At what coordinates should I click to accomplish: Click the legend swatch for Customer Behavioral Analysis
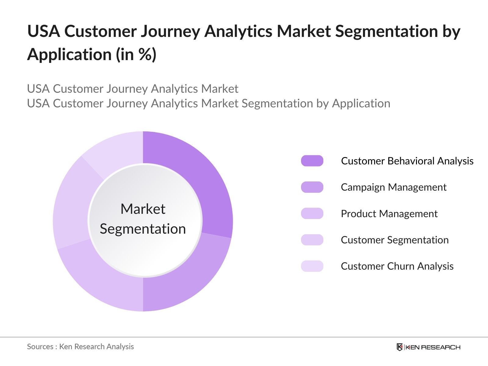tap(312, 161)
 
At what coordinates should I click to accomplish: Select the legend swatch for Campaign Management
tap(312, 187)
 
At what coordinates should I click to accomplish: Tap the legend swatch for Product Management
tap(312, 213)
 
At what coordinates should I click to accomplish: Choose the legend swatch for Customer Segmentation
tap(312, 240)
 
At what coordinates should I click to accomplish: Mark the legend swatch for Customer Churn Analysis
tap(312, 266)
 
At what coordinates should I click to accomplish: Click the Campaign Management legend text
tap(393, 187)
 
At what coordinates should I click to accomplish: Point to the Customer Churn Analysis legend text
tap(397, 266)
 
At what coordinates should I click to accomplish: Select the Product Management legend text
tap(389, 213)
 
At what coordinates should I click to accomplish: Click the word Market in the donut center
tap(143, 209)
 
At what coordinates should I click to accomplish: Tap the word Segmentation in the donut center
tap(143, 229)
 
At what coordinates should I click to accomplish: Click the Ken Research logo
tap(428, 347)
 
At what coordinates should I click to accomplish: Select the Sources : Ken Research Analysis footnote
tap(80, 346)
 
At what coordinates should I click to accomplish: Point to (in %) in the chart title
tap(136, 55)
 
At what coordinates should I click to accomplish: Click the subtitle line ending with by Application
tap(209, 103)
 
